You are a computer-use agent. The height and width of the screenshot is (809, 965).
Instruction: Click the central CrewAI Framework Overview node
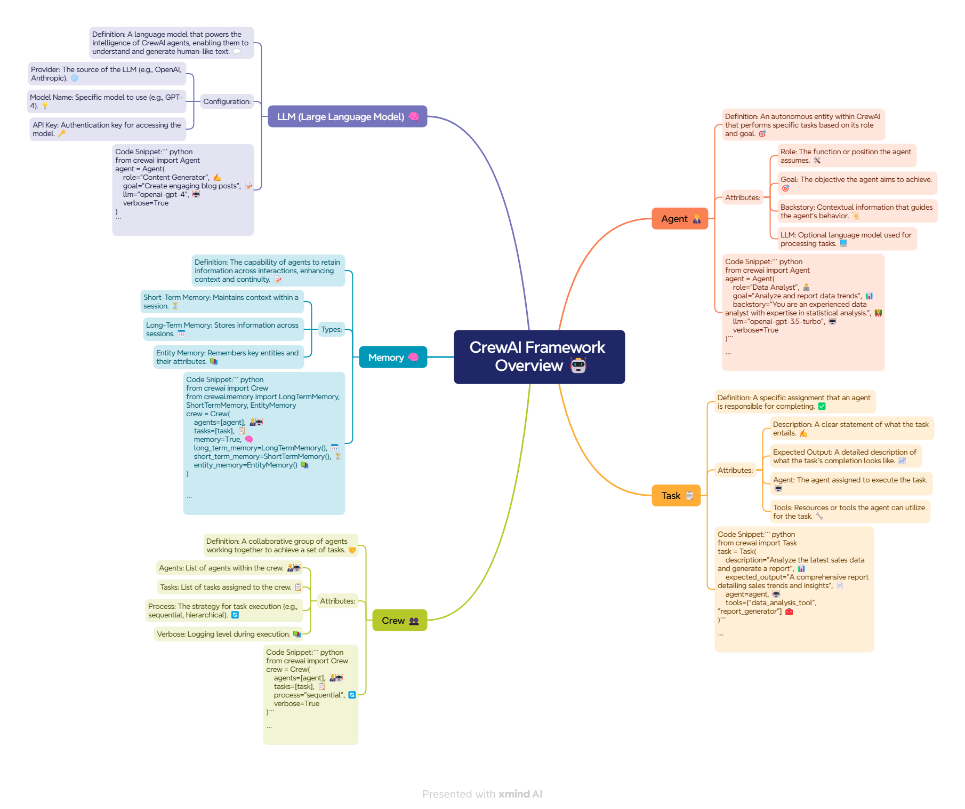[x=539, y=356]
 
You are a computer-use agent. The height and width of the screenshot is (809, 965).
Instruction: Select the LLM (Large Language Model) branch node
[x=347, y=116]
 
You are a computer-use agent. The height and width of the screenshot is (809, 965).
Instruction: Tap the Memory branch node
[x=393, y=357]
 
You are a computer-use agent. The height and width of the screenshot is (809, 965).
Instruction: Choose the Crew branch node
[x=399, y=620]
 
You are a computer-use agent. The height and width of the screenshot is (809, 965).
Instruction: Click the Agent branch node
[x=680, y=219]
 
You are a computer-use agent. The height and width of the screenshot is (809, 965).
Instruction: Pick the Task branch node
[x=676, y=496]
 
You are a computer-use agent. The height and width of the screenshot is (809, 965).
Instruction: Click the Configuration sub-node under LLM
[x=227, y=101]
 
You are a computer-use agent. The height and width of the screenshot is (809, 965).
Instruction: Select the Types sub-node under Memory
[x=332, y=329]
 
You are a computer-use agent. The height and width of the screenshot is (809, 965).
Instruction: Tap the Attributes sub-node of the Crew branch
[x=337, y=601]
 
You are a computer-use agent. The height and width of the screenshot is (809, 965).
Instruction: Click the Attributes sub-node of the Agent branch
[x=743, y=197]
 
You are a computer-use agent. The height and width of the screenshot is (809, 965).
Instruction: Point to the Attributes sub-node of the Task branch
[x=735, y=470]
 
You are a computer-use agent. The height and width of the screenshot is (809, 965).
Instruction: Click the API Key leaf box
[x=107, y=129]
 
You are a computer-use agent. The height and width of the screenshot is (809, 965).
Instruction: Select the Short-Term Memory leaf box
[x=222, y=302]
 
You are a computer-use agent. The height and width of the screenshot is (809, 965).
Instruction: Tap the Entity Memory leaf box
[x=228, y=357]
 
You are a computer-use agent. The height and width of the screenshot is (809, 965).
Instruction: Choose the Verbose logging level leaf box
[x=228, y=634]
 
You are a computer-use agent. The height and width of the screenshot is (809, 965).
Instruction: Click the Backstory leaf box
[x=857, y=211]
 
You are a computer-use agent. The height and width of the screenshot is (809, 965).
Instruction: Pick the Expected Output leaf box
[x=846, y=456]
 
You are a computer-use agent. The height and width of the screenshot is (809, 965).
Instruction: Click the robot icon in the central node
[x=578, y=366]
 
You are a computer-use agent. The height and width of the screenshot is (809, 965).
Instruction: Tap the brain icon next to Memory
[x=414, y=357]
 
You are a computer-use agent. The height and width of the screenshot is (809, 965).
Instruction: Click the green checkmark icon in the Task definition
[x=822, y=406]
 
